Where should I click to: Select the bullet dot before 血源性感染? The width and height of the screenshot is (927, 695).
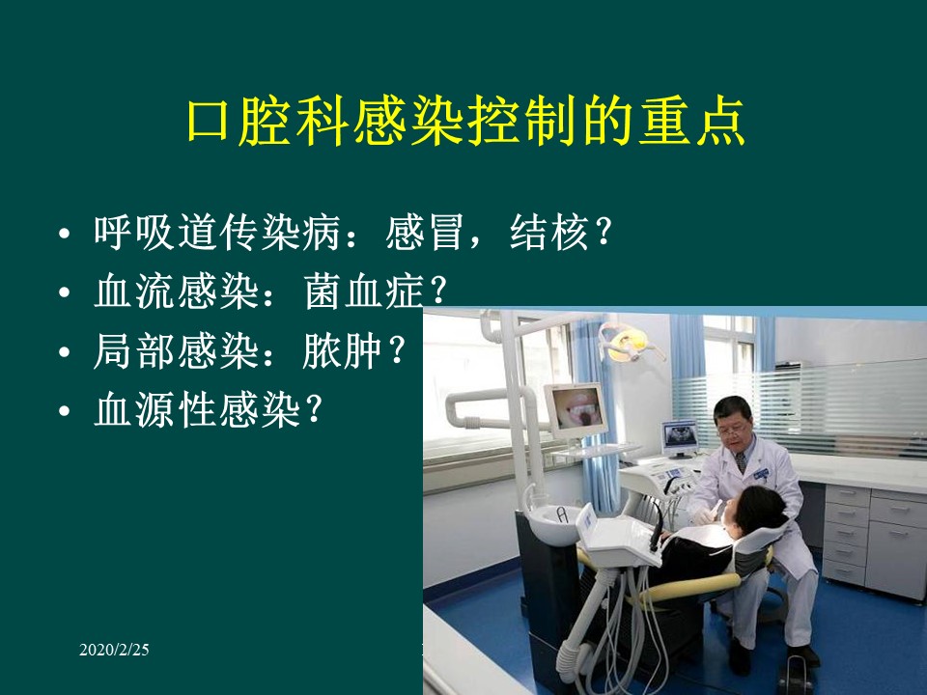[x=64, y=411]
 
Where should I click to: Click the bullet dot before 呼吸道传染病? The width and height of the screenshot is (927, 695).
[x=64, y=236]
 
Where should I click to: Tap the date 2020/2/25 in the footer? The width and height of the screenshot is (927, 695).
[x=114, y=651]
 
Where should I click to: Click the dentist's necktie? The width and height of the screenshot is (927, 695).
[x=740, y=461]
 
